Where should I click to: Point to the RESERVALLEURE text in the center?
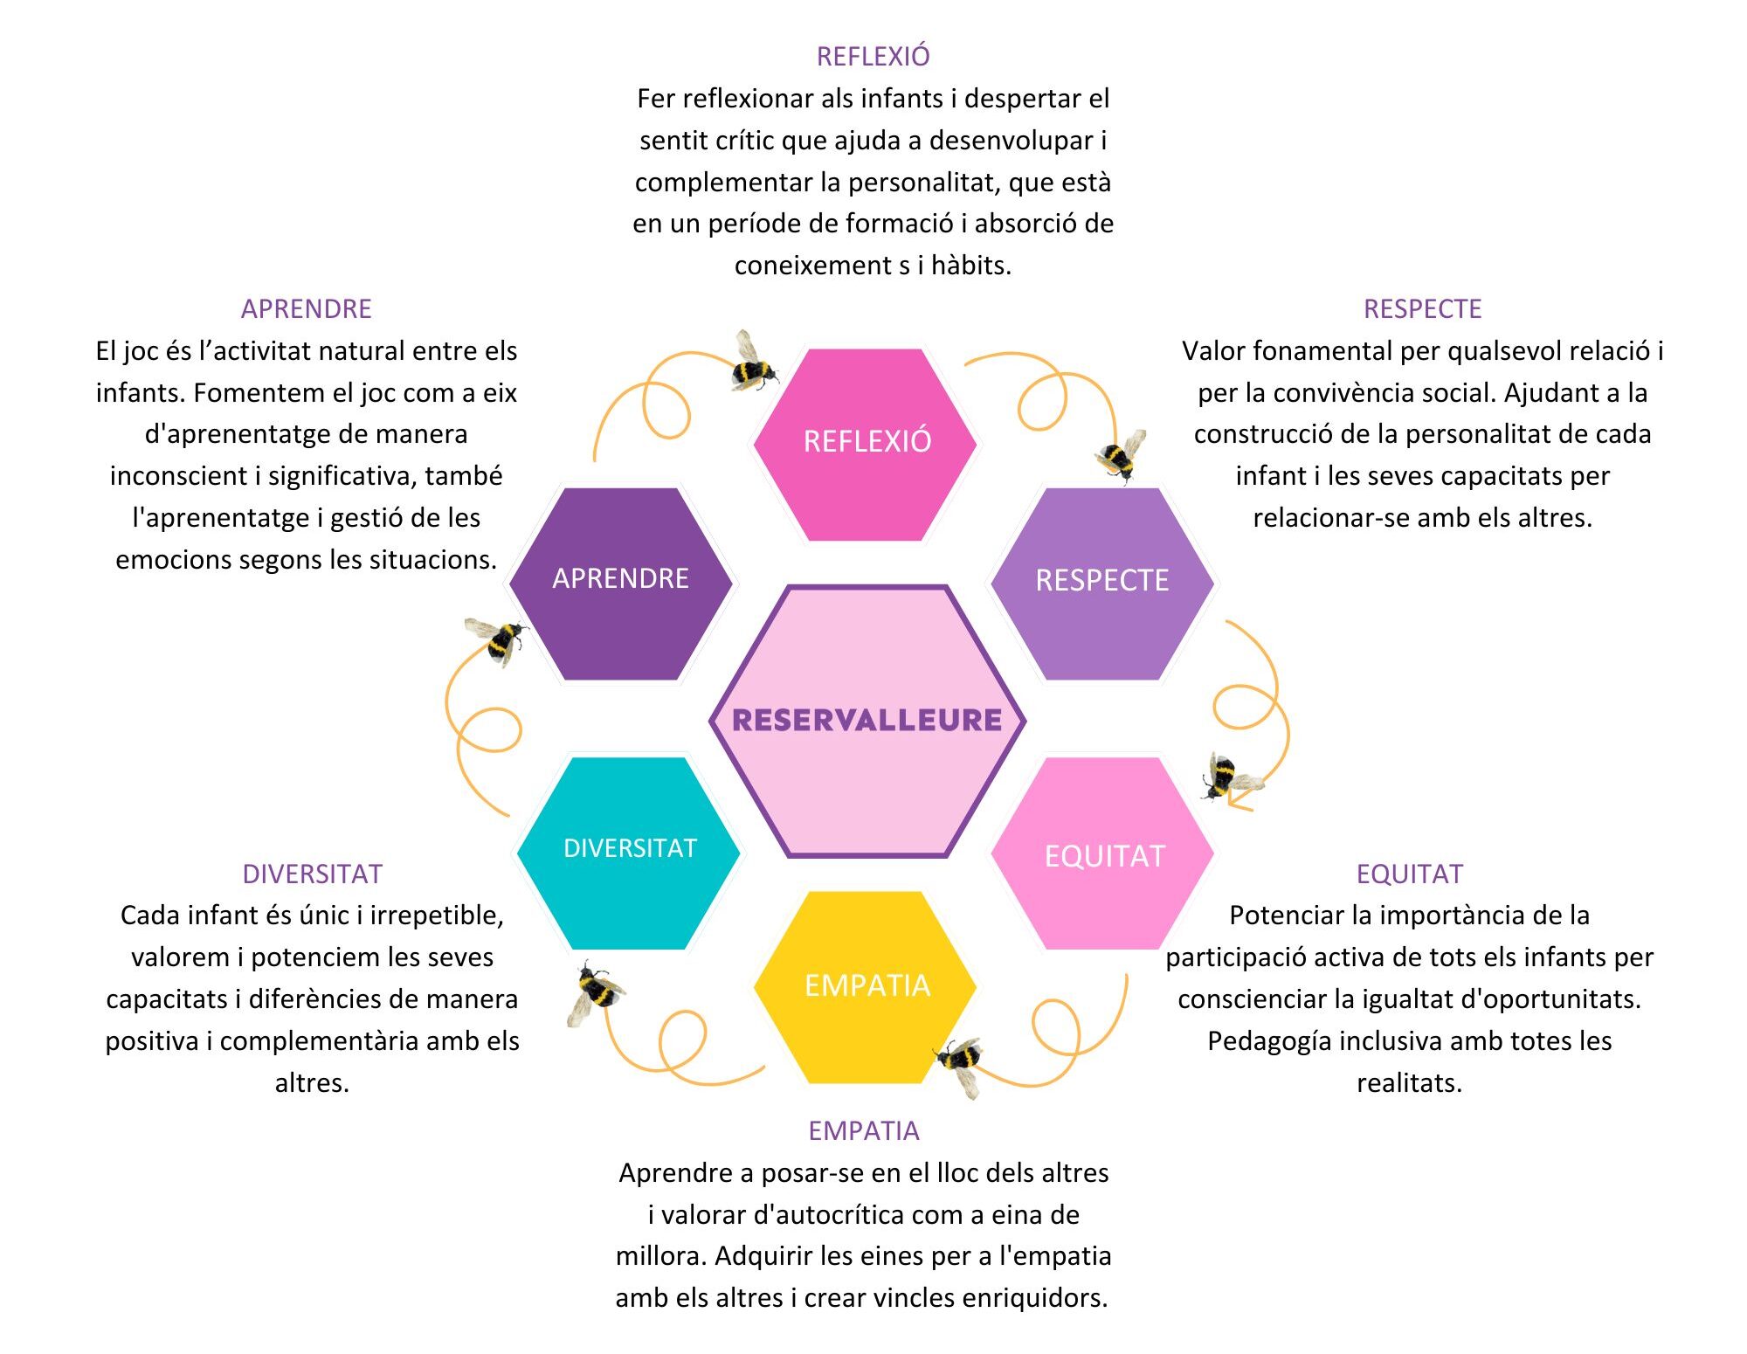pyautogui.click(x=867, y=720)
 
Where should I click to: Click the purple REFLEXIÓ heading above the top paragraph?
pyautogui.click(x=873, y=57)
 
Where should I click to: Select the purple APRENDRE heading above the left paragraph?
pyautogui.click(x=306, y=309)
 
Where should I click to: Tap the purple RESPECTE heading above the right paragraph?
pyautogui.click(x=1422, y=309)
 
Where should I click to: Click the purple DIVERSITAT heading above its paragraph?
pyautogui.click(x=312, y=874)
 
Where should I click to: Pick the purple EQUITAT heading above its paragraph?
pyautogui.click(x=1409, y=874)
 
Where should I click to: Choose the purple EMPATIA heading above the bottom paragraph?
pyautogui.click(x=863, y=1131)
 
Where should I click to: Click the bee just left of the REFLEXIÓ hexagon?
pyautogui.click(x=753, y=363)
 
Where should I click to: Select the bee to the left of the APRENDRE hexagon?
pyautogui.click(x=498, y=639)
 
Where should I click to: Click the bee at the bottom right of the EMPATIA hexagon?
pyautogui.click(x=961, y=1062)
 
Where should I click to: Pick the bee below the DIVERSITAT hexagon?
pyautogui.click(x=596, y=991)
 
